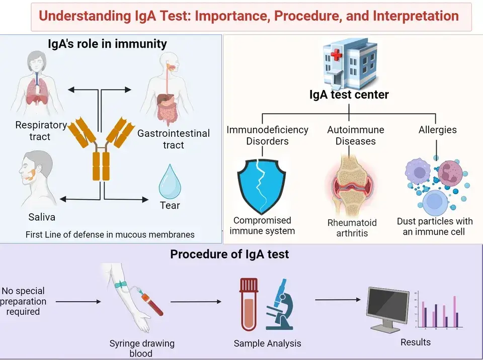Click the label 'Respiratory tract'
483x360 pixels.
pos(41,130)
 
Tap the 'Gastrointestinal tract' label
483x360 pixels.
pos(174,139)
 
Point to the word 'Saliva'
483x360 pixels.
pos(41,217)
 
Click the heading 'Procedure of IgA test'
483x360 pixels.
pos(229,254)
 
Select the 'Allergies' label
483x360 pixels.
pos(437,130)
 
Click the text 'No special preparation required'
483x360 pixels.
pos(24,301)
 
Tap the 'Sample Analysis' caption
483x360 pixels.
pos(267,343)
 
